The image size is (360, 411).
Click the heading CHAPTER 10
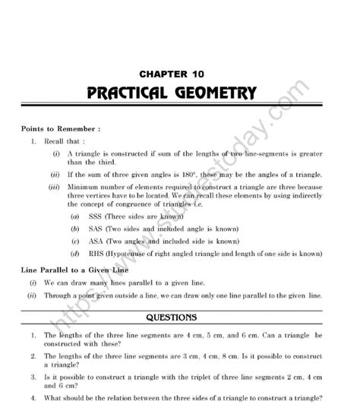coord(179,74)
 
